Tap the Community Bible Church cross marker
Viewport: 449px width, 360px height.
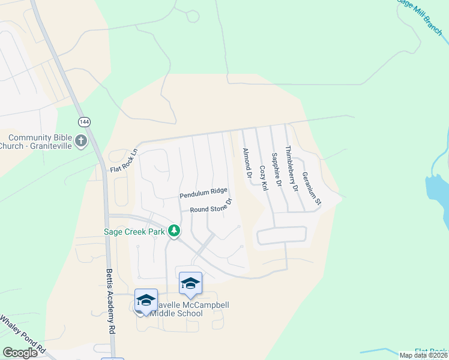click(x=81, y=142)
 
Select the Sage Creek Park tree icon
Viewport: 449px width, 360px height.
click(x=174, y=230)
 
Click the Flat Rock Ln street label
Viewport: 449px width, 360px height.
click(x=124, y=161)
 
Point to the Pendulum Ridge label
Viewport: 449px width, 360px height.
click(x=203, y=196)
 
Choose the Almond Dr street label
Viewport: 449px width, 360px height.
click(x=246, y=163)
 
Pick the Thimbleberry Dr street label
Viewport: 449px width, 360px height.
click(x=292, y=169)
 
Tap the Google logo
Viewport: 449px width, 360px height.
click(x=20, y=353)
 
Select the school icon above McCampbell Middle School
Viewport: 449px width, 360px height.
click(x=190, y=283)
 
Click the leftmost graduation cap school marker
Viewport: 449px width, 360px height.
click(x=146, y=300)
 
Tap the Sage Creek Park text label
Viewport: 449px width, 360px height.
click(x=136, y=230)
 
